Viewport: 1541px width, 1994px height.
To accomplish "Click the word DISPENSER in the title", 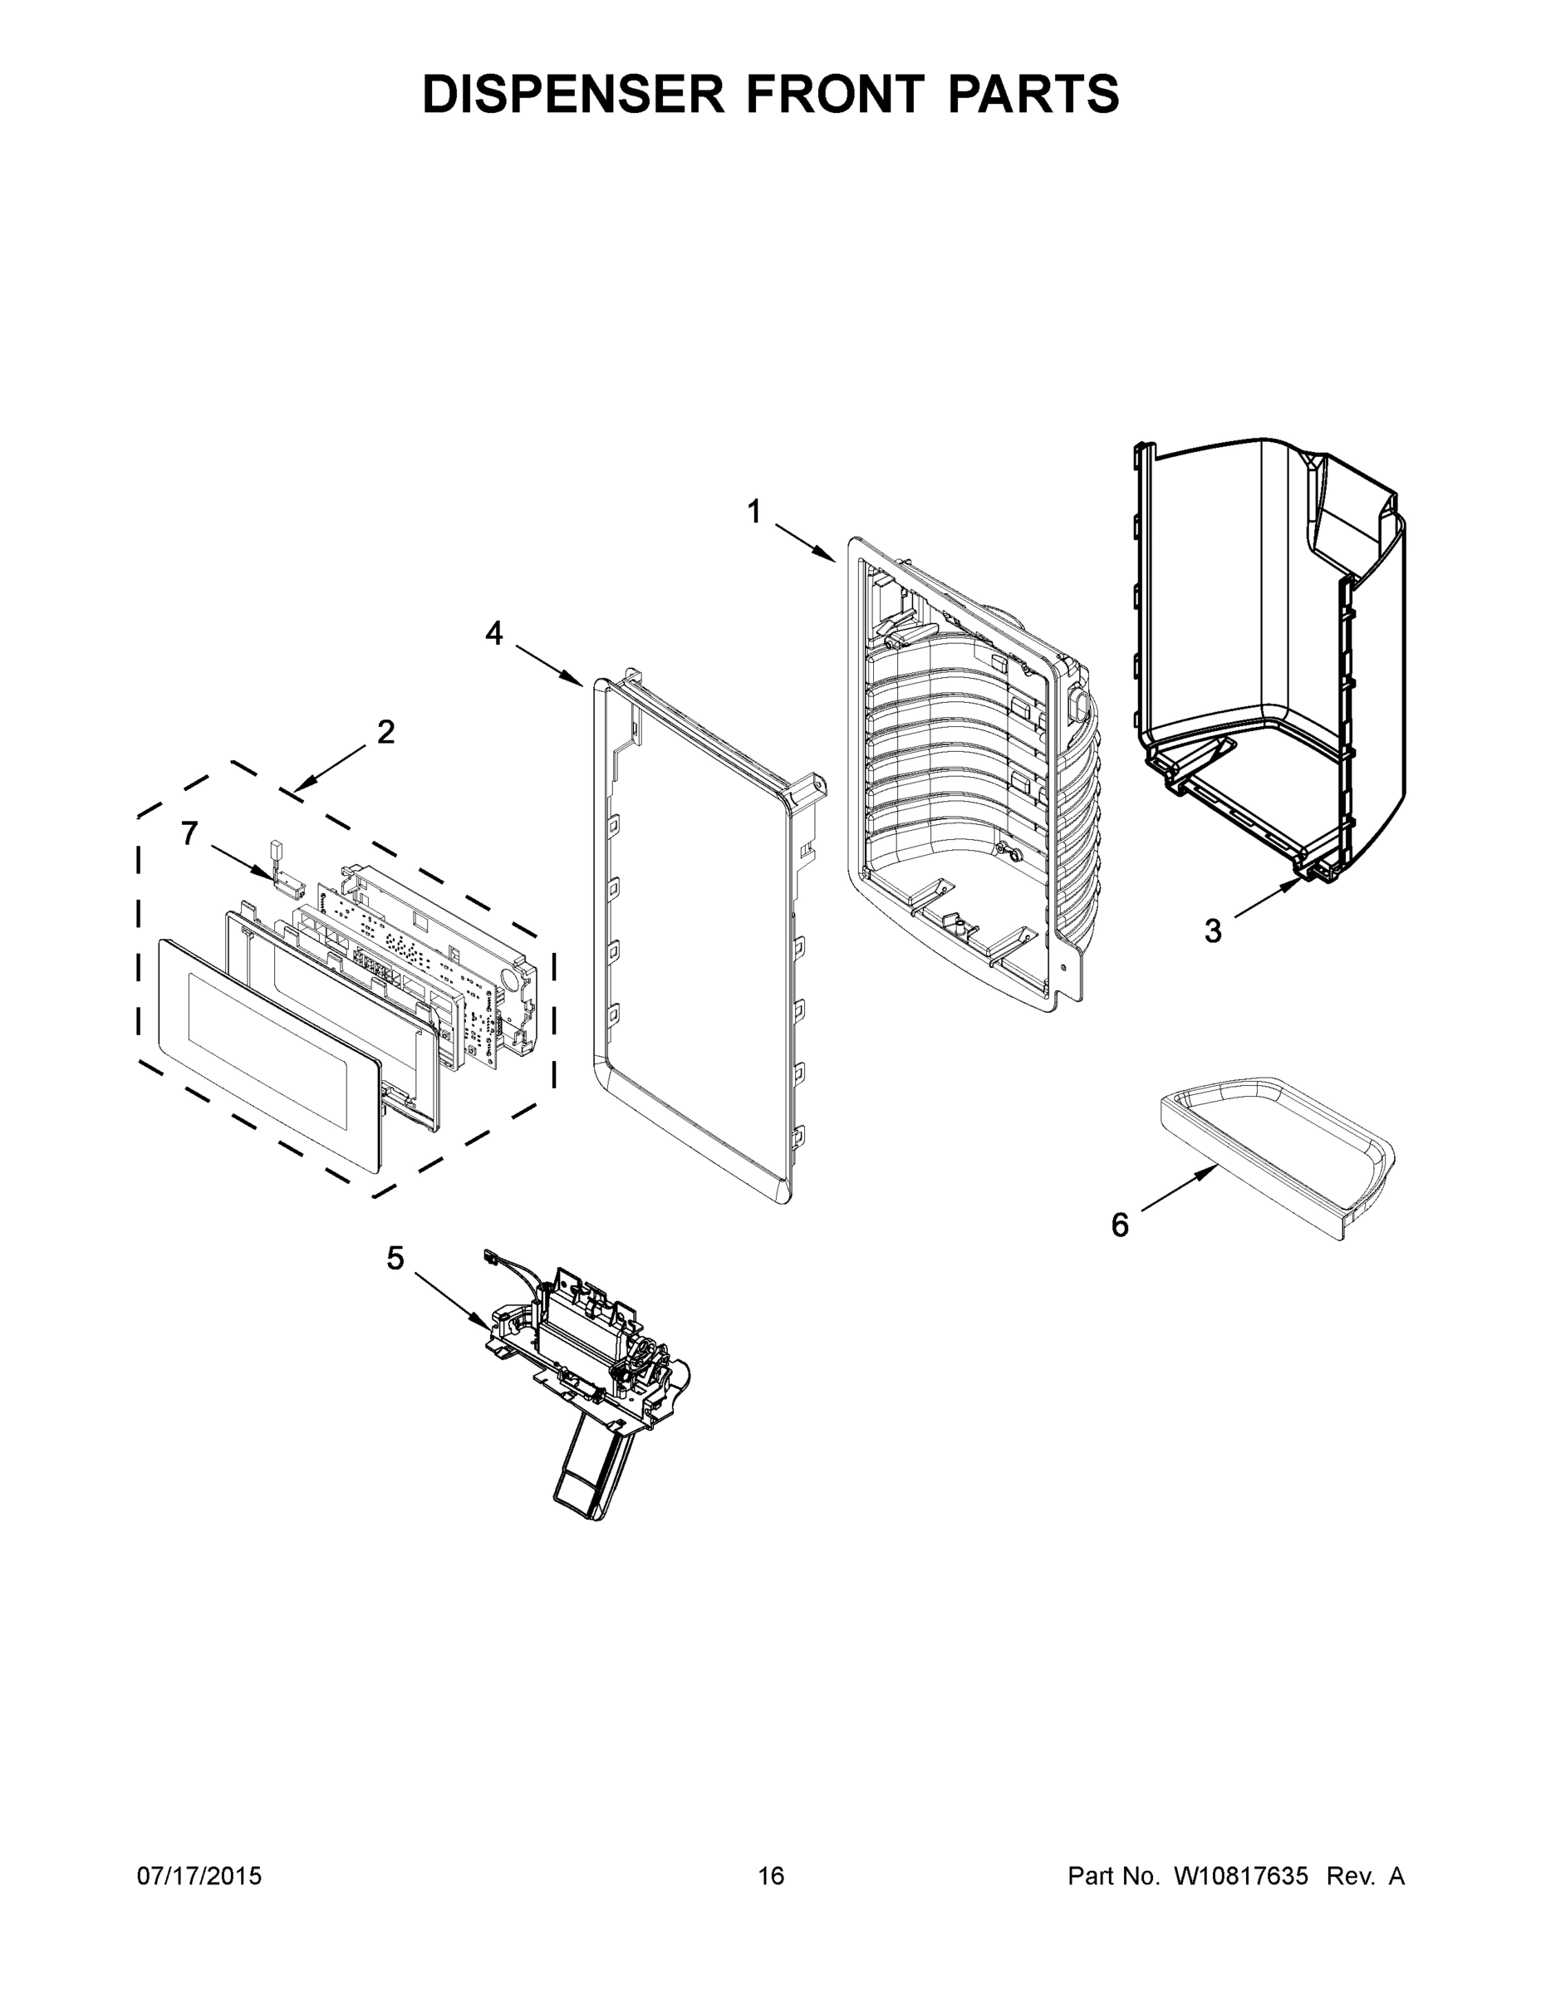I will click(572, 94).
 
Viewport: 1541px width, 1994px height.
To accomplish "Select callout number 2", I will click(386, 731).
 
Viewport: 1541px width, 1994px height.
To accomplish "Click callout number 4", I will click(494, 634).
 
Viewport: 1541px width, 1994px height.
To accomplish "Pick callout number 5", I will click(395, 1259).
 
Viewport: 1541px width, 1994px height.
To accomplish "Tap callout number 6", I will click(1119, 1225).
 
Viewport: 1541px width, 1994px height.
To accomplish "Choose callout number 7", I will click(189, 833).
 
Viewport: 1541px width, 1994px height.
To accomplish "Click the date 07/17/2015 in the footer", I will click(199, 1875).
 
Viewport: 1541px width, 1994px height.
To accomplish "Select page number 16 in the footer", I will click(771, 1875).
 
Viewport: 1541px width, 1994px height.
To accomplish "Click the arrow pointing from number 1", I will click(806, 542).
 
